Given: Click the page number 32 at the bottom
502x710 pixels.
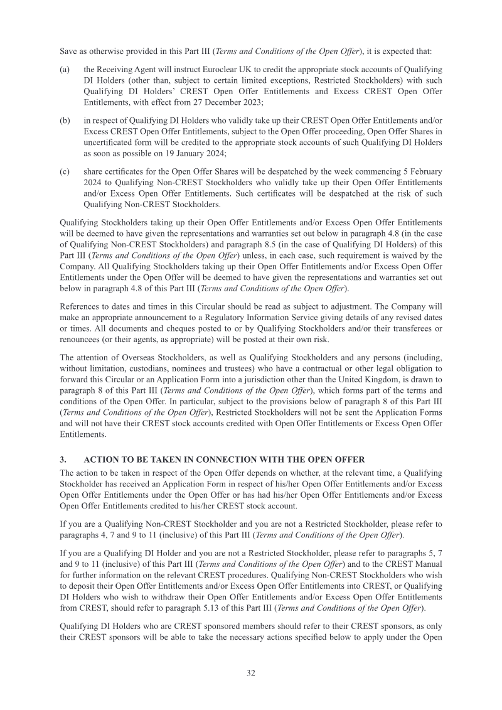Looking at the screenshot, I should [x=250, y=673].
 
